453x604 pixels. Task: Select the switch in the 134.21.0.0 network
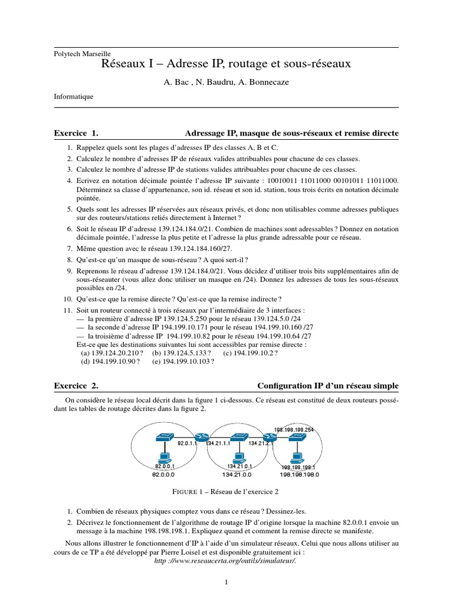(239, 438)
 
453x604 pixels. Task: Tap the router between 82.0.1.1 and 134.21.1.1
(202, 438)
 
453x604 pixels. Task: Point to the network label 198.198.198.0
(298, 474)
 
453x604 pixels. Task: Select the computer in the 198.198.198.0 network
(298, 455)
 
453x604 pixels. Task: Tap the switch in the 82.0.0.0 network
(164, 438)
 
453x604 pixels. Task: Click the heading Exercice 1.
(75, 134)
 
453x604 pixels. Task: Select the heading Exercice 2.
(75, 386)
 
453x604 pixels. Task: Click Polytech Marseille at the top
(82, 53)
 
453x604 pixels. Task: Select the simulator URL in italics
(224, 560)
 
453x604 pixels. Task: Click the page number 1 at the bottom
(226, 583)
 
